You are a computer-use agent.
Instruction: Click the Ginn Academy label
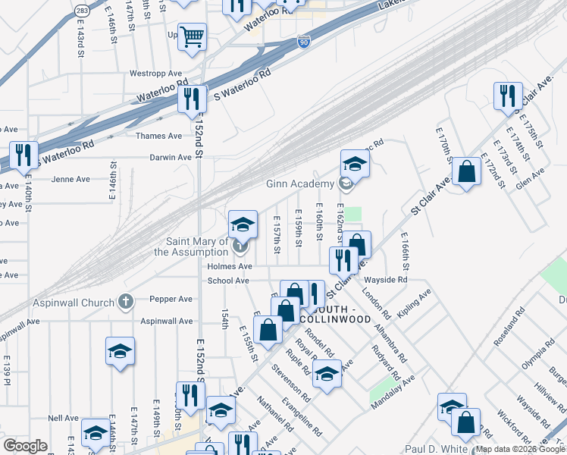[x=299, y=184]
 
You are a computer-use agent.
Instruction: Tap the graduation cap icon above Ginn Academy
[x=354, y=163]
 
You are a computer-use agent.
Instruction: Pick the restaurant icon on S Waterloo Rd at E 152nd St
[x=192, y=98]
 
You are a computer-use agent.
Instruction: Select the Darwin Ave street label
[x=174, y=158]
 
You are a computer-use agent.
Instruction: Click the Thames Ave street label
[x=158, y=136]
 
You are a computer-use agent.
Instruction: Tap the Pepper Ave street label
[x=171, y=300]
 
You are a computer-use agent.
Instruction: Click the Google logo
[x=26, y=446]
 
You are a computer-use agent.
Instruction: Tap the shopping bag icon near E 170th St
[x=468, y=171]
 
